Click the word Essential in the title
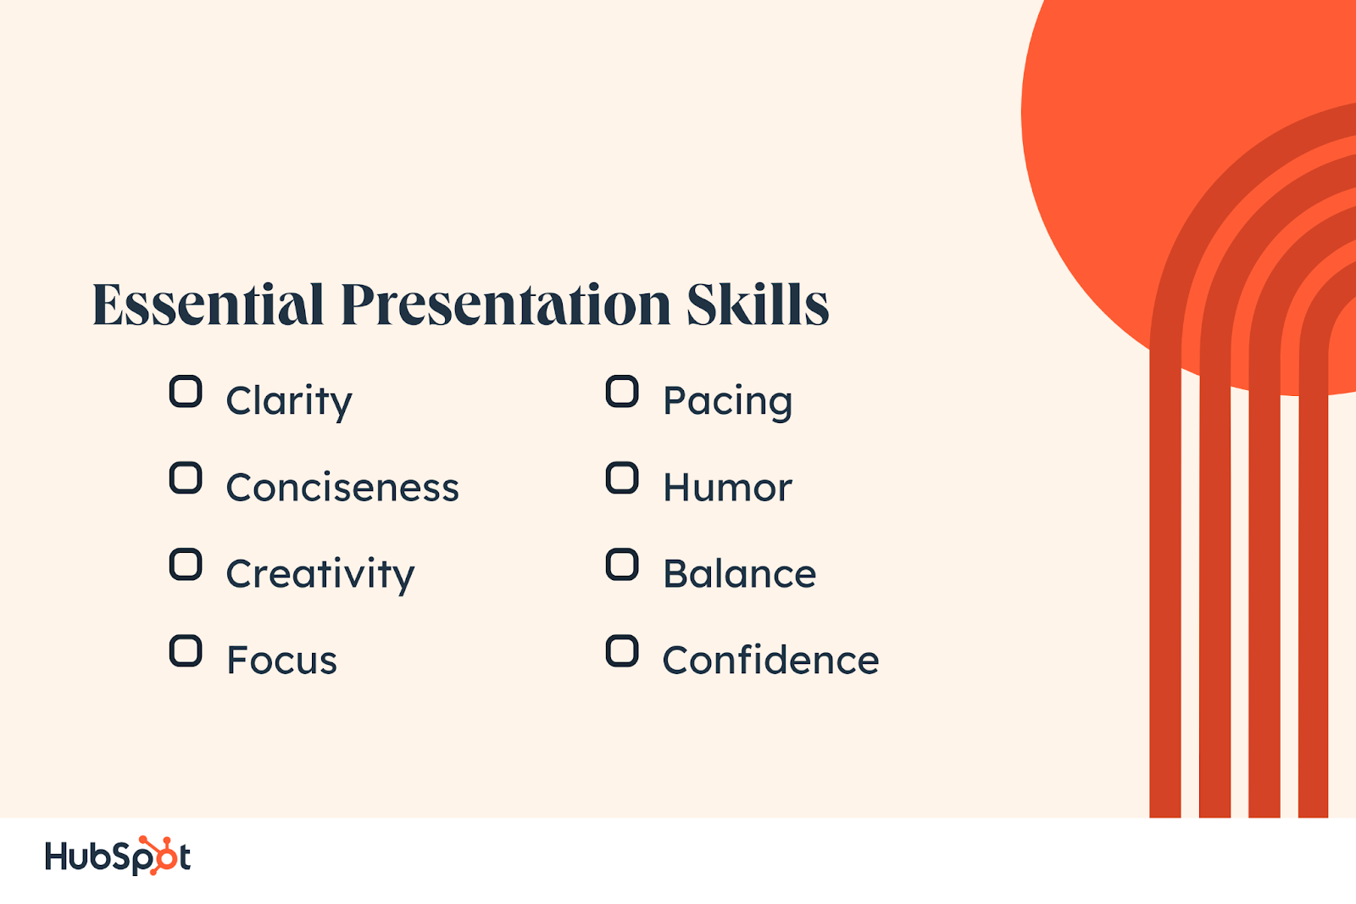[x=208, y=304]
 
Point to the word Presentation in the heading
[x=505, y=304]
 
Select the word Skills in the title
[x=758, y=304]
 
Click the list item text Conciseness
[x=342, y=488]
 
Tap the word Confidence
[x=770, y=659]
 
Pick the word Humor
[x=728, y=488]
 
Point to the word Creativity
[x=320, y=574]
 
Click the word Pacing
[x=728, y=402]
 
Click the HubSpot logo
[x=118, y=856]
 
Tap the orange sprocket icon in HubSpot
[x=158, y=856]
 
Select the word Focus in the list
[x=282, y=661]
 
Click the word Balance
[x=740, y=574]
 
